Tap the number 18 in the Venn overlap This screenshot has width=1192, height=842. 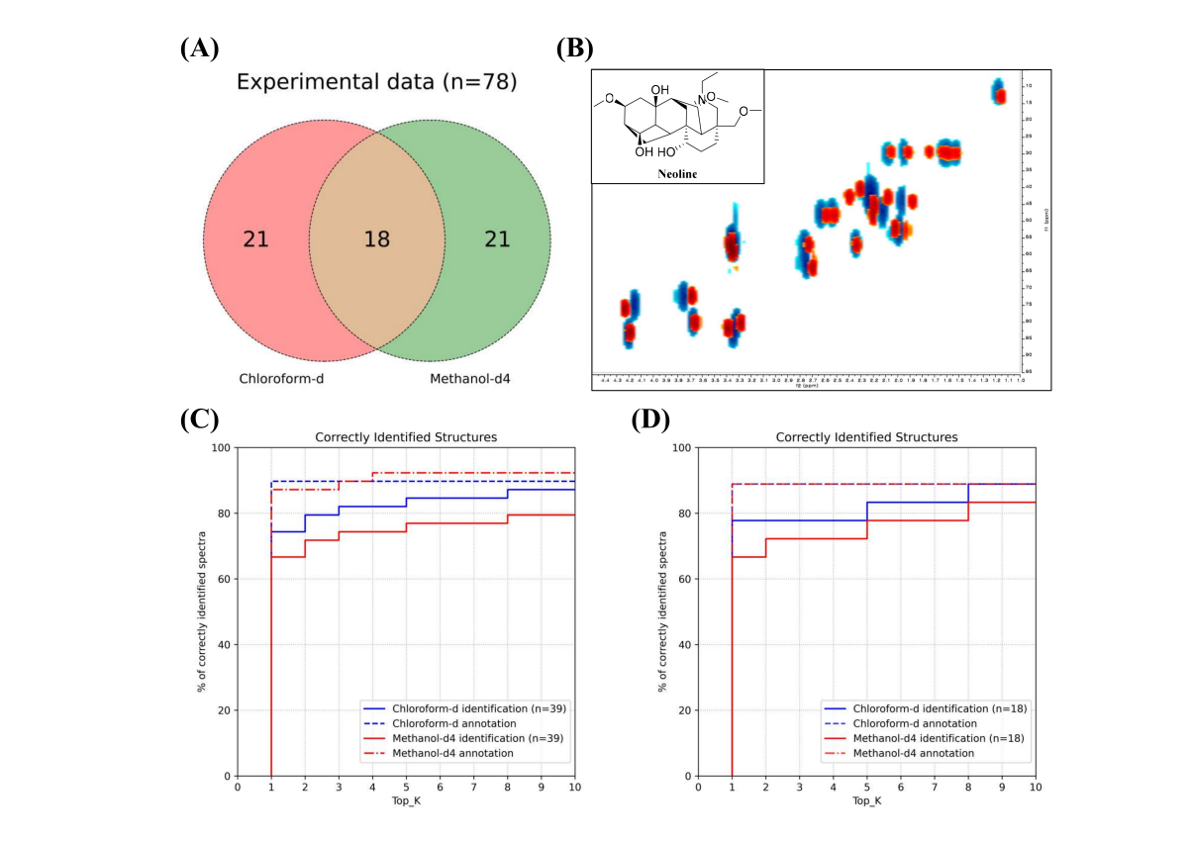coord(376,238)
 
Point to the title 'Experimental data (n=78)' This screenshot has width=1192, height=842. coord(376,82)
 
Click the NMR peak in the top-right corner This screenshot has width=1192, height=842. coord(999,92)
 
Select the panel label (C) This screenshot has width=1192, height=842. coord(199,420)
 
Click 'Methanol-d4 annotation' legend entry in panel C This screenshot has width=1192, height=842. coord(453,753)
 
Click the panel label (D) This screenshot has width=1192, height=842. coord(650,420)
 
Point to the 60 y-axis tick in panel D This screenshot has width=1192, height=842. coord(684,580)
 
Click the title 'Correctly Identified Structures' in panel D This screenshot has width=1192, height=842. coord(866,436)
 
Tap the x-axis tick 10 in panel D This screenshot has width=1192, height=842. coord(1035,788)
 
